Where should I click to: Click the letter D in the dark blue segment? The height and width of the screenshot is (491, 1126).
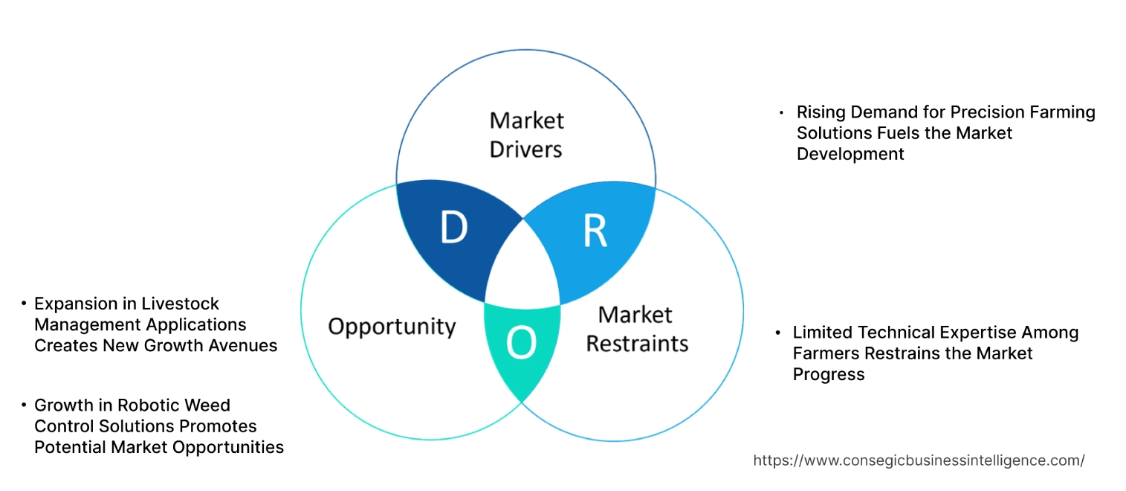coord(453,228)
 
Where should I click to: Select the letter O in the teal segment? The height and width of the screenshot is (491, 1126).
coord(520,343)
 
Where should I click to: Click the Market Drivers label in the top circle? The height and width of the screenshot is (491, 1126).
coord(526,135)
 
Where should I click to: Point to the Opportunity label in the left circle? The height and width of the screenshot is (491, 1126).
coord(392,326)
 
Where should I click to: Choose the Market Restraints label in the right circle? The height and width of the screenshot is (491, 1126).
coord(637,329)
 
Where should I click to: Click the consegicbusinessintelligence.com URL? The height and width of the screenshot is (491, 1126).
coord(919,460)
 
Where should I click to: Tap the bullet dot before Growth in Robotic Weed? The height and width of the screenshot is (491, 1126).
coord(25,405)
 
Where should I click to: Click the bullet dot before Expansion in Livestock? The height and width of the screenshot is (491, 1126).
coord(25,304)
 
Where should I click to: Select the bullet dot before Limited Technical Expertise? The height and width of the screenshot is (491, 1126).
coord(778,333)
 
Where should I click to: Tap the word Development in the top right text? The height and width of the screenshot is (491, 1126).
coord(850,154)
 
